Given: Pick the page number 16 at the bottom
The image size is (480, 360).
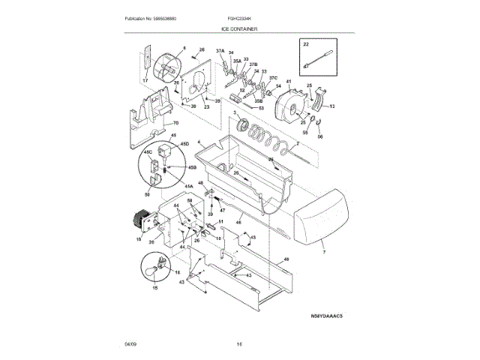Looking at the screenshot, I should click(x=239, y=343).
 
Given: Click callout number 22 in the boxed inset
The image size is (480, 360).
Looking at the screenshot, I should click(x=305, y=45).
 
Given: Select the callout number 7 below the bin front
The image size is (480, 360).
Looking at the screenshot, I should click(x=325, y=253).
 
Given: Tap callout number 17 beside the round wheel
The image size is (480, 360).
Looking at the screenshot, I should click(x=145, y=80).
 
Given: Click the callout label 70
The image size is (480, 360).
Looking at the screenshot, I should click(x=175, y=123).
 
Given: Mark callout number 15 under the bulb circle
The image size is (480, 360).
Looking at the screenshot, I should click(x=156, y=288).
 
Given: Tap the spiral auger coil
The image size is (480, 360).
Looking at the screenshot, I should click(x=270, y=138).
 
